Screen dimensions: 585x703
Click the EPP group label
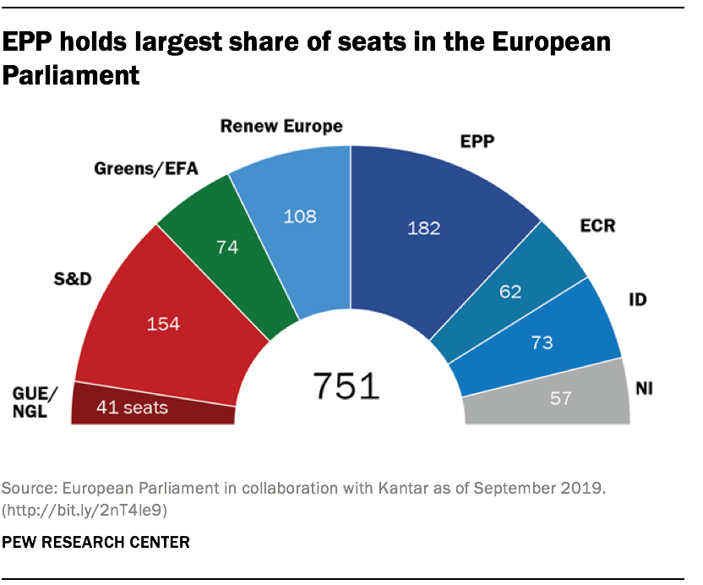[x=477, y=142]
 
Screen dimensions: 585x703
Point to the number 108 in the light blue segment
[x=299, y=216]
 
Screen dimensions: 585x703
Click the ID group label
[x=639, y=299]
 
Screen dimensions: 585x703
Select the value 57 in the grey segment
[x=561, y=397]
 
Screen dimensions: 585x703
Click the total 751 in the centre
[x=346, y=385]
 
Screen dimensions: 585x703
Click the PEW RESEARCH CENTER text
[x=96, y=542]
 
